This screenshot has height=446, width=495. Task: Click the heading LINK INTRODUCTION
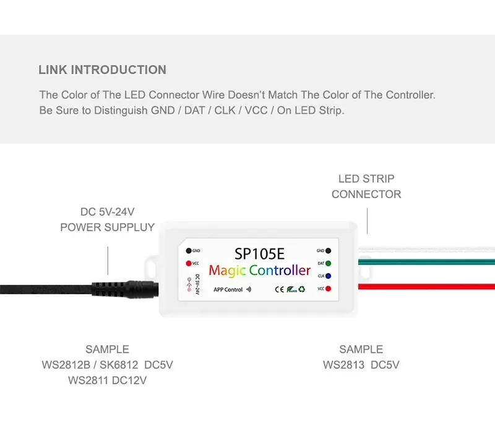[x=102, y=70]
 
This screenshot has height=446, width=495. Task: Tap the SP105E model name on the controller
[x=259, y=253]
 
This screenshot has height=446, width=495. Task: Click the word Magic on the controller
[x=228, y=270]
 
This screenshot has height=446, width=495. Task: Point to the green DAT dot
[x=327, y=263]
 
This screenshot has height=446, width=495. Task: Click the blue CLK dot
[x=327, y=276]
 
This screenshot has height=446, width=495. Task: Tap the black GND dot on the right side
[x=327, y=251]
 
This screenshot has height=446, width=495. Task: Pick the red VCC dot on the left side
[x=187, y=263]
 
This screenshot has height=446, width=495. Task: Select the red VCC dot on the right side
[x=327, y=289]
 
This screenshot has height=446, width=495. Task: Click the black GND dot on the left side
[x=187, y=251]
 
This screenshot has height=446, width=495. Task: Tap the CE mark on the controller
[x=278, y=289]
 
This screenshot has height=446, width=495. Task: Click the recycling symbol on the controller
[x=301, y=289]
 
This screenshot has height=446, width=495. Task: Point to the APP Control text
[x=228, y=289]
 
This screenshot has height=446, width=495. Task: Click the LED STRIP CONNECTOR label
[x=366, y=186]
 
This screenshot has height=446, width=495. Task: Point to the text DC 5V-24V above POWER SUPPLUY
[x=107, y=212]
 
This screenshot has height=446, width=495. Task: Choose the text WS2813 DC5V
[x=361, y=365]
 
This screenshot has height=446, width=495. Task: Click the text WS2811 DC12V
[x=107, y=380]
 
